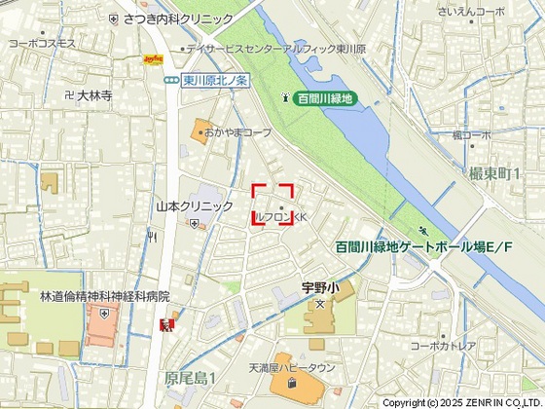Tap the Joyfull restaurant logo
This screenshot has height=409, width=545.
pyautogui.click(x=153, y=60)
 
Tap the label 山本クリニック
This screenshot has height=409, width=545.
pyautogui.click(x=195, y=206)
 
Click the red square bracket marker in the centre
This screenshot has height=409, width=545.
pyautogui.click(x=273, y=205)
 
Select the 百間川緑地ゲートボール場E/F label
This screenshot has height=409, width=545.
pyautogui.click(x=423, y=248)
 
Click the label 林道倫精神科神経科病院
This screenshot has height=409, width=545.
pyautogui.click(x=105, y=296)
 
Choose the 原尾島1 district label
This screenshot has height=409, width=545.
pyautogui.click(x=189, y=377)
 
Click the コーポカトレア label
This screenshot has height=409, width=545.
pyautogui.click(x=443, y=346)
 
